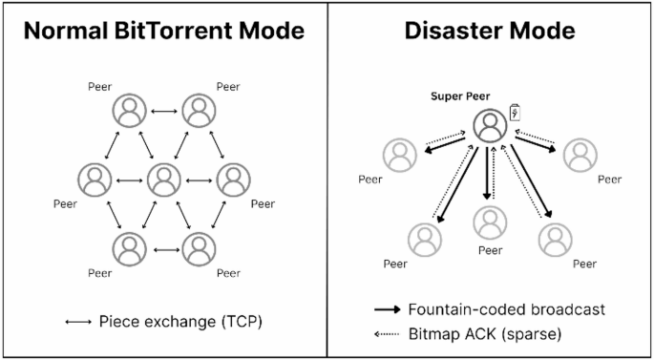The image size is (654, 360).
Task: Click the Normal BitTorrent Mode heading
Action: click(163, 31)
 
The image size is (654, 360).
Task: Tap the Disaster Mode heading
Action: click(491, 31)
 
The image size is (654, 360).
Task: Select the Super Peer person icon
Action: click(489, 126)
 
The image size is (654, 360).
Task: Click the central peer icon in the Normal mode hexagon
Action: click(164, 179)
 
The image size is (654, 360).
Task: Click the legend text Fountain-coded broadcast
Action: click(506, 309)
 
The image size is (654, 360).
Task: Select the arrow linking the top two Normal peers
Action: click(164, 112)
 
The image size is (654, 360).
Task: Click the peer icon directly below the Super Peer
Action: click(489, 222)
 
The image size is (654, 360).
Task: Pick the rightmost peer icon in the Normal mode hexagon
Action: click(234, 179)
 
